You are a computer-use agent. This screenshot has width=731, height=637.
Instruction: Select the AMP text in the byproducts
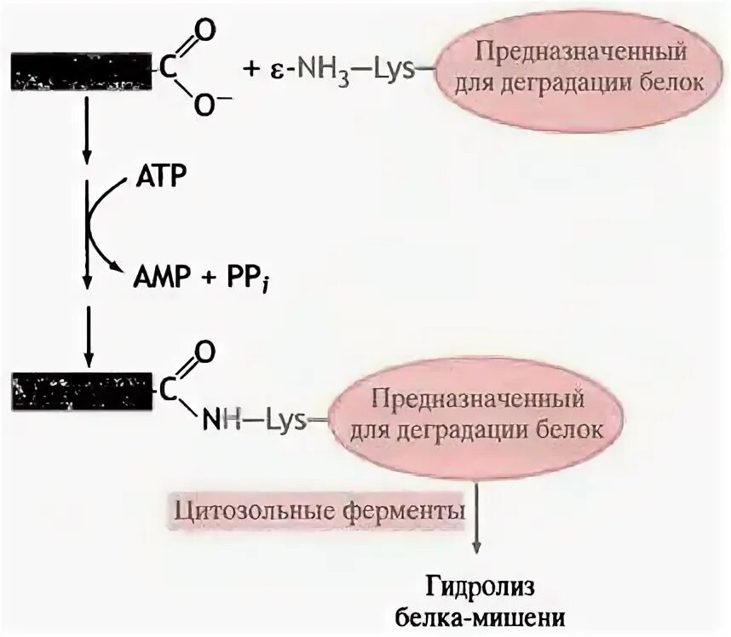point(159,275)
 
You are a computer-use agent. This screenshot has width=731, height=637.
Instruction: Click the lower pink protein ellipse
point(474,414)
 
